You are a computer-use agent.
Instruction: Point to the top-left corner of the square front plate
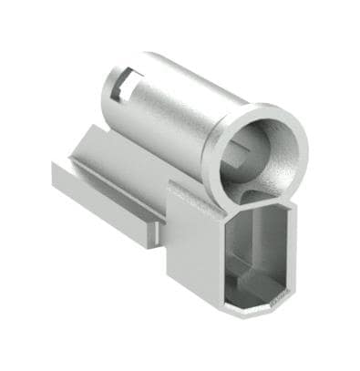(x=172, y=186)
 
